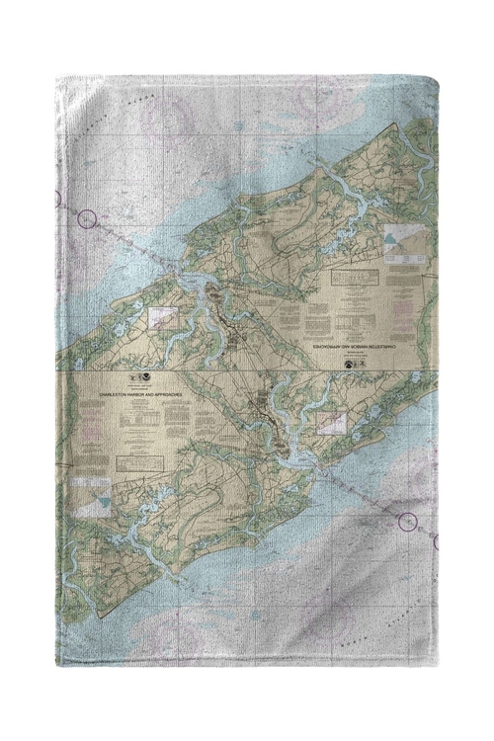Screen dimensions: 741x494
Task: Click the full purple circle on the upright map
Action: point(406,521)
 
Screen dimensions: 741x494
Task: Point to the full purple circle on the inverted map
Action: point(88,218)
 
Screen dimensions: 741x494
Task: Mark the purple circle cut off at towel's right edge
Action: point(436,541)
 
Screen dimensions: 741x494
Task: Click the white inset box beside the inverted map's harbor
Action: point(163,317)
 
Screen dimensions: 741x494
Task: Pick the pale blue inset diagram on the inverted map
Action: point(398,240)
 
